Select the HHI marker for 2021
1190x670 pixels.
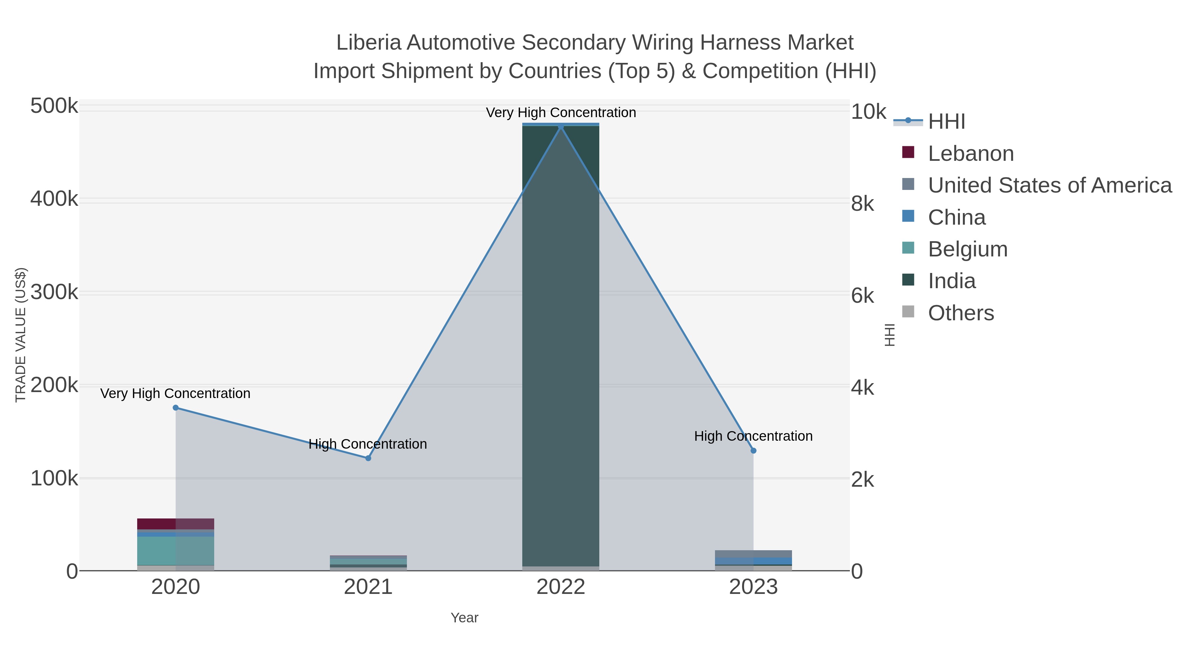[368, 458]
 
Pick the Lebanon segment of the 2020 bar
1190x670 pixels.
[176, 524]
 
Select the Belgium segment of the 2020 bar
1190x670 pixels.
[176, 551]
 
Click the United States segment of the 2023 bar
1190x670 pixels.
[753, 554]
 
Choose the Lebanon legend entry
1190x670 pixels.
[971, 154]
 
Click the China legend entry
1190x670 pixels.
[956, 217]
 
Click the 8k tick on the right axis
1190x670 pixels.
[862, 203]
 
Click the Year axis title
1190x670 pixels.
[464, 618]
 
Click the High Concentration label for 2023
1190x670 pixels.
[753, 436]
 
